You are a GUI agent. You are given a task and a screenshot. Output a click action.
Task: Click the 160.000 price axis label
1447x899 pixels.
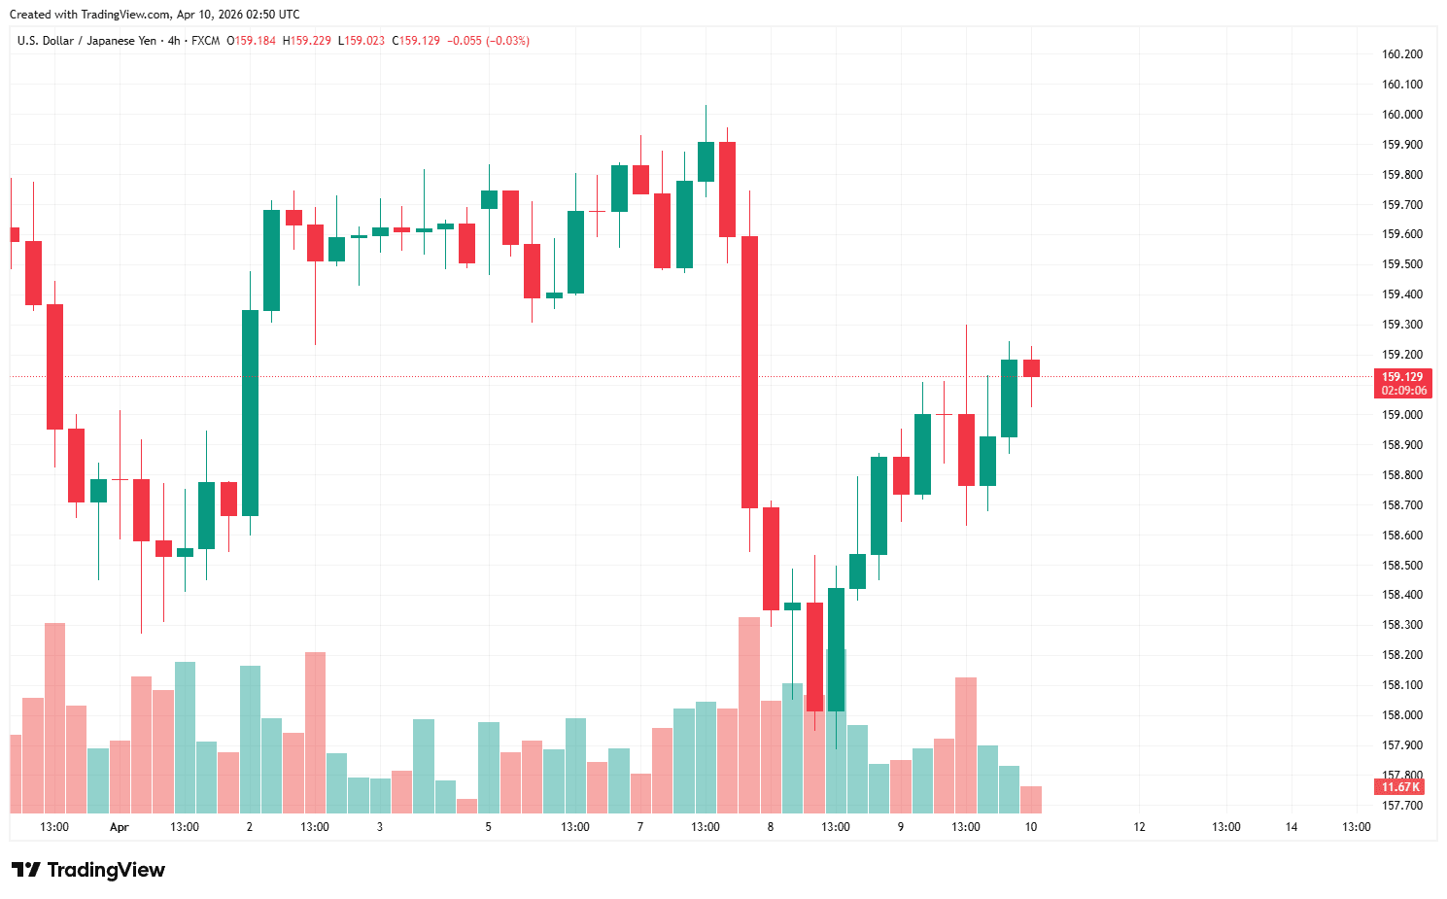click(1401, 115)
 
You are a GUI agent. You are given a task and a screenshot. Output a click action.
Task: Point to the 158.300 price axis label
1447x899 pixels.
click(1401, 625)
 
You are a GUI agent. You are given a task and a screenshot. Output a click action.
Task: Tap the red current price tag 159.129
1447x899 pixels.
click(1402, 377)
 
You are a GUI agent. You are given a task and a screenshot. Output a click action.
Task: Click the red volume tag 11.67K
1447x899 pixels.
click(1400, 787)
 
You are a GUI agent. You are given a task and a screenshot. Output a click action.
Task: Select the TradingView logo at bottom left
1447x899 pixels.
click(88, 870)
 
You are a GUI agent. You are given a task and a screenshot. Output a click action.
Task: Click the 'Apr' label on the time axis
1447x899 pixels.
click(119, 827)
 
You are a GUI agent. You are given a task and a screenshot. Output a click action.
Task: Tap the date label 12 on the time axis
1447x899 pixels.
click(1139, 827)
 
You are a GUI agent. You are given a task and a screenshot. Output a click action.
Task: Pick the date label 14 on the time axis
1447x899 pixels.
click(1292, 827)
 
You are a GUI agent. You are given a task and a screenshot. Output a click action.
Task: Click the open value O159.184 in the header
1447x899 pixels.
click(252, 41)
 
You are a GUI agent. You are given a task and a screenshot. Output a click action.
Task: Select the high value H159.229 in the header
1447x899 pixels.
click(307, 41)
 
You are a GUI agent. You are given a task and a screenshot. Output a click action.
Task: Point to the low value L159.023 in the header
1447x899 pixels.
click(362, 41)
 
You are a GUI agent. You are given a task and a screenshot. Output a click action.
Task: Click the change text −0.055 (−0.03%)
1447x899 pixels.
click(488, 41)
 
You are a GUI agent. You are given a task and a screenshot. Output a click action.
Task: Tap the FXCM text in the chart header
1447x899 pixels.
click(205, 41)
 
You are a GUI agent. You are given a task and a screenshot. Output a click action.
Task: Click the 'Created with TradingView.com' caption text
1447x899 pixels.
click(155, 15)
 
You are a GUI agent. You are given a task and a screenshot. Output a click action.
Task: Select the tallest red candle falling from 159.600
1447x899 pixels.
click(749, 371)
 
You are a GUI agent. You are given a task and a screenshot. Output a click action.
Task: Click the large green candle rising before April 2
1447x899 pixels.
click(250, 412)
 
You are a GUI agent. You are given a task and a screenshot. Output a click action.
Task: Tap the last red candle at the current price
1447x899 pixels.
click(1031, 368)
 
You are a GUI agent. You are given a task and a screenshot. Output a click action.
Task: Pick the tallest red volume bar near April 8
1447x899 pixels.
click(749, 714)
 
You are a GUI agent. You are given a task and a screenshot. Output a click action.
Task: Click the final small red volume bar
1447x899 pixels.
click(1031, 799)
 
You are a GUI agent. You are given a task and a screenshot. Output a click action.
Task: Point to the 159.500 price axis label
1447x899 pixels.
click(1401, 264)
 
